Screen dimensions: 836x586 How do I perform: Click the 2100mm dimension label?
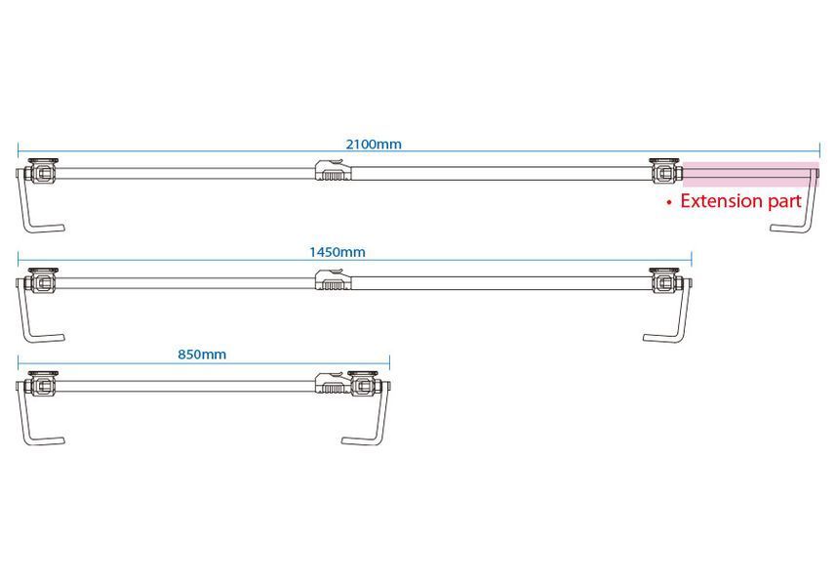(x=374, y=145)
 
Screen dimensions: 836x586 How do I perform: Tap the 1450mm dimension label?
(x=338, y=252)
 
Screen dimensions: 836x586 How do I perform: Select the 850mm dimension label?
(x=202, y=355)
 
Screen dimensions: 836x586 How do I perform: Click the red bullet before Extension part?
(x=669, y=203)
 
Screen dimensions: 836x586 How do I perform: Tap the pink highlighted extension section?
(x=751, y=174)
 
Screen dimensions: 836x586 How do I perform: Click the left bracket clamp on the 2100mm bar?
(x=43, y=172)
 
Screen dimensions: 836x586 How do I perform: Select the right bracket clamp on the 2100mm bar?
(x=665, y=171)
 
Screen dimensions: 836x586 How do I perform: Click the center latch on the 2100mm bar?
(x=334, y=171)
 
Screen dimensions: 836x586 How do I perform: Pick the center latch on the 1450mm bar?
(x=334, y=280)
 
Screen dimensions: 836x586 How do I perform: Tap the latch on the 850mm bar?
(x=334, y=383)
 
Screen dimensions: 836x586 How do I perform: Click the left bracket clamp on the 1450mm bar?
(x=43, y=281)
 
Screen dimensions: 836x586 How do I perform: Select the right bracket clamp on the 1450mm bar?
(x=665, y=280)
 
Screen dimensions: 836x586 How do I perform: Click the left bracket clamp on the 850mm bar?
(x=43, y=384)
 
